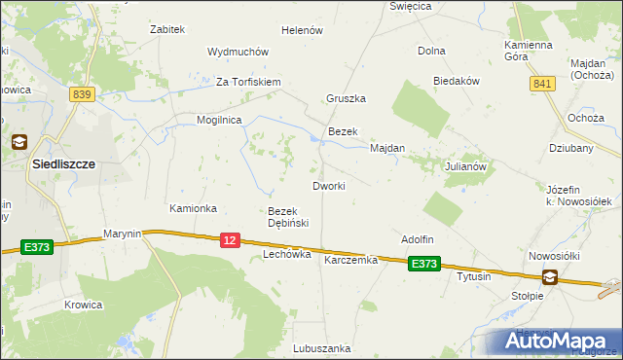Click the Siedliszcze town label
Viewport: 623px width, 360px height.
tap(62, 164)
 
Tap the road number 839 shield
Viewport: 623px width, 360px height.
tap(82, 93)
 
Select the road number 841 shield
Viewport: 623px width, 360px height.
tap(541, 86)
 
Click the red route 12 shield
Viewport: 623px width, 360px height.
tap(230, 240)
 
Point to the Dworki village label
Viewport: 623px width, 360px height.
tap(329, 185)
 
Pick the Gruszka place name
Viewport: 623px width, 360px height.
tap(346, 98)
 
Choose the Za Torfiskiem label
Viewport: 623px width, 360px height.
tap(248, 82)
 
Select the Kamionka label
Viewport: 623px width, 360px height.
tap(193, 209)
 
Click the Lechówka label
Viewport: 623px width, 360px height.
tap(287, 254)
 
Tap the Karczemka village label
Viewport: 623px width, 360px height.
tap(350, 261)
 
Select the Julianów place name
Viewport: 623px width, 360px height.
tap(465, 166)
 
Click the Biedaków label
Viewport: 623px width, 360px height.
tap(458, 82)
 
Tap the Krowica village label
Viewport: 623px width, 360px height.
tap(84, 305)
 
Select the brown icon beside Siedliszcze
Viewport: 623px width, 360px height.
tap(18, 142)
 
